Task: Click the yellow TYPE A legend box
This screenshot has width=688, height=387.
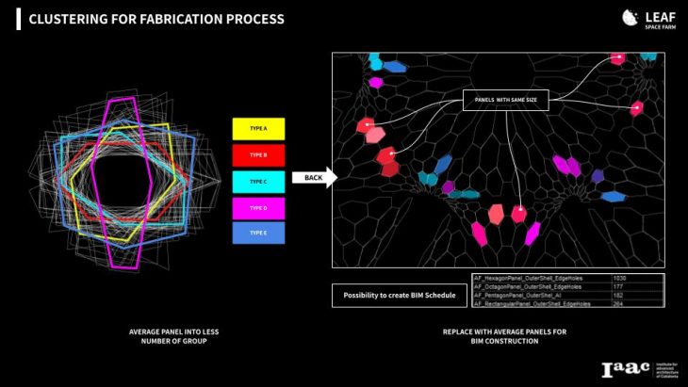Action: point(258,128)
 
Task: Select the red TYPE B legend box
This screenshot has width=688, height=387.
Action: point(258,154)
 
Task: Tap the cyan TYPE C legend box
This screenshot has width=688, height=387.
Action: point(258,181)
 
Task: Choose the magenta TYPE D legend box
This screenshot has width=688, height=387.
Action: point(258,207)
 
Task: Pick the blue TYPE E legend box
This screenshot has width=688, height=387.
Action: point(258,233)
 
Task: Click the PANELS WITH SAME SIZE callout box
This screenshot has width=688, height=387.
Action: point(505,100)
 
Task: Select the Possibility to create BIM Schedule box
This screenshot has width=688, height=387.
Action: point(399,296)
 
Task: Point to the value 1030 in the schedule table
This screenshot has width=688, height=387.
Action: point(619,279)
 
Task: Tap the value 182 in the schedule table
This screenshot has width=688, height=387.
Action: point(618,296)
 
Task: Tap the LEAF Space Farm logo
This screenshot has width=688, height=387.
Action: point(644,19)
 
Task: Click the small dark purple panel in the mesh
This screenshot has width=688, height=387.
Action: point(598,175)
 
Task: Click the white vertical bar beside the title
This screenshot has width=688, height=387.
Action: point(18,19)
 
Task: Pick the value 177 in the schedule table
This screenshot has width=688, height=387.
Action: point(618,287)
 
